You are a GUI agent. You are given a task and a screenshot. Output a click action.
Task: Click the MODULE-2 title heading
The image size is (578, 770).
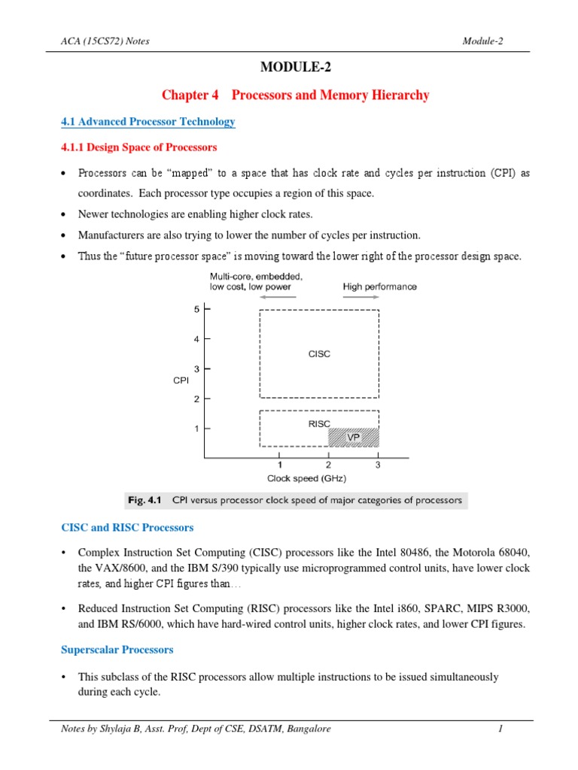point(295,68)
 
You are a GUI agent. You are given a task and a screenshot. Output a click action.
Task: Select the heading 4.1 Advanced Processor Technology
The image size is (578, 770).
point(148,122)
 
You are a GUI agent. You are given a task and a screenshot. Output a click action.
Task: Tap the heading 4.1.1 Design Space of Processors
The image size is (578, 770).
point(138,147)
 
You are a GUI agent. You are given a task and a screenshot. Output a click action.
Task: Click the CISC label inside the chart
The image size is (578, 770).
point(319,354)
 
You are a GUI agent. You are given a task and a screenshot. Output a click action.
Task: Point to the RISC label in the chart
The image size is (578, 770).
point(319,424)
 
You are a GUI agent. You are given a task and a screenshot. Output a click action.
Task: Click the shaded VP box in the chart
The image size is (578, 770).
point(353,437)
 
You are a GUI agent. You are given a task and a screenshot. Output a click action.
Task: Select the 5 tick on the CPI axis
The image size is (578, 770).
point(196,309)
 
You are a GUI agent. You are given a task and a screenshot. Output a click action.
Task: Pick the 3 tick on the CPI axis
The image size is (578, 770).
point(196,369)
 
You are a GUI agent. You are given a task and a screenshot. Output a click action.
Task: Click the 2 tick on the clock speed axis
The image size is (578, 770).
point(328,465)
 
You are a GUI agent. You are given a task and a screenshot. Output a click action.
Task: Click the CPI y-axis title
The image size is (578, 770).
point(181,380)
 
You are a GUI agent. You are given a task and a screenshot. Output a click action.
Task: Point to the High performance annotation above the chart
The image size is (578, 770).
point(379,286)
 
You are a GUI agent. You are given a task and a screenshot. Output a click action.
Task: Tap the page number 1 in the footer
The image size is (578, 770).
point(500,729)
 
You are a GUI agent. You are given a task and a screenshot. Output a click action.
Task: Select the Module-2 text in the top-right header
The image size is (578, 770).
point(482,41)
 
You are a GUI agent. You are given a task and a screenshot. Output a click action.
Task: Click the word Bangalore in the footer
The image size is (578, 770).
point(306,729)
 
